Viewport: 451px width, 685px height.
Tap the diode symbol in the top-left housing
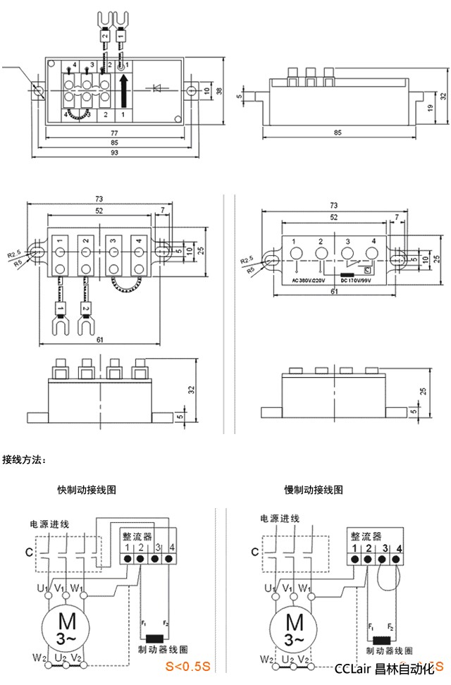coord(159,88)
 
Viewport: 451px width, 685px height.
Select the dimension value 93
coord(113,153)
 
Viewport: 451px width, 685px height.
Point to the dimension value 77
coord(113,133)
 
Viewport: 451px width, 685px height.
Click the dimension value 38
coord(219,90)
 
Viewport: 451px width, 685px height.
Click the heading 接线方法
coord(25,460)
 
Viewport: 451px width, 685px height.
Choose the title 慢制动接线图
coord(314,489)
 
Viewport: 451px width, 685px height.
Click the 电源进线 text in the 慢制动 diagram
coord(280,519)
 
